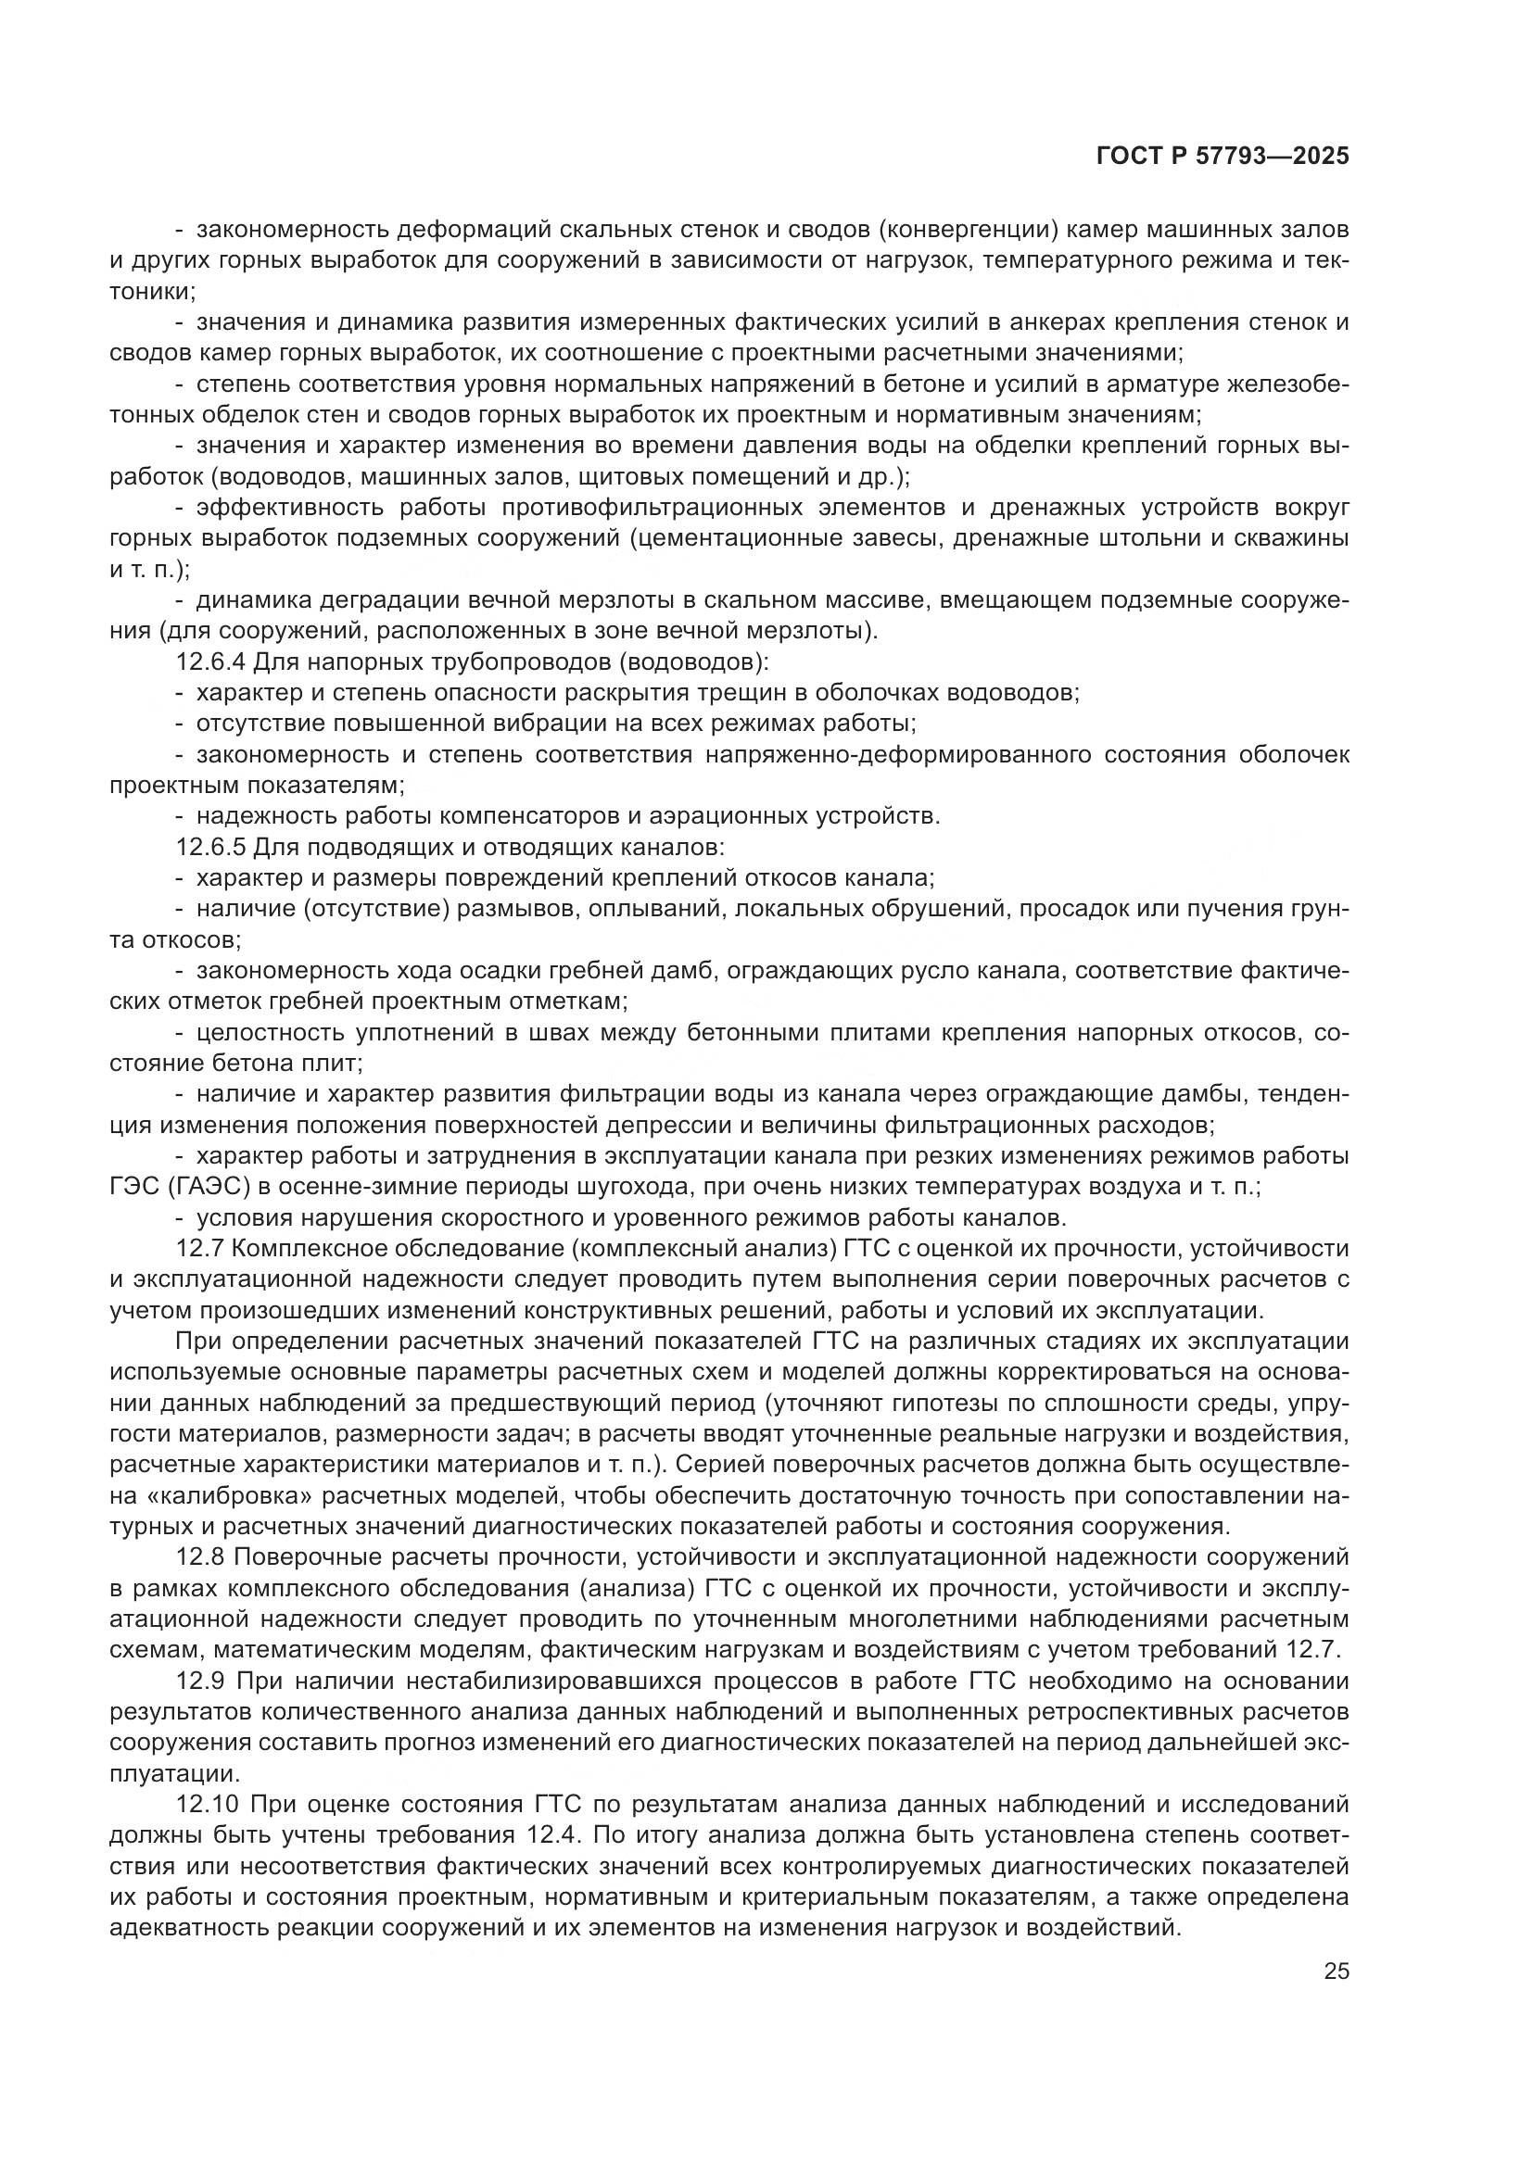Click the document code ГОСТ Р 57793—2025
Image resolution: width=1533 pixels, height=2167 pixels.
[1223, 157]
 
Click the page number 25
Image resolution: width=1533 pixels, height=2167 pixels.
[1336, 1971]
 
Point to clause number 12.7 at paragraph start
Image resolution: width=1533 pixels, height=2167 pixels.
[199, 1249]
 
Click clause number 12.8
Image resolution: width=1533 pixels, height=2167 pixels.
[199, 1557]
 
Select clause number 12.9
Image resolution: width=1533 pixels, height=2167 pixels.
[199, 1681]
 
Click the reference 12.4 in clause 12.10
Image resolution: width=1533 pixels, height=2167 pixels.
[545, 1835]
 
